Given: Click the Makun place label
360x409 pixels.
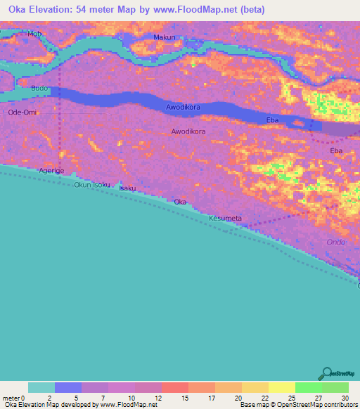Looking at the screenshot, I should (x=164, y=37).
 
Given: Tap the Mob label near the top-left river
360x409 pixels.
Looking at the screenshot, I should (x=34, y=34).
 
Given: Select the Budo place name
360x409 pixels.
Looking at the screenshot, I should (x=39, y=89).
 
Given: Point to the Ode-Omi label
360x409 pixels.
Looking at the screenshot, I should (x=22, y=112).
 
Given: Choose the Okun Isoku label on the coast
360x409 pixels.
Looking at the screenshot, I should (x=92, y=185).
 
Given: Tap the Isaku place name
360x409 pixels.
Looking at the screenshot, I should (x=127, y=188).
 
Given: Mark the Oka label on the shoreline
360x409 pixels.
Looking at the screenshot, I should (x=181, y=202).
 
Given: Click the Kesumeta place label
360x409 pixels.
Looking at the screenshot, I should (x=225, y=219).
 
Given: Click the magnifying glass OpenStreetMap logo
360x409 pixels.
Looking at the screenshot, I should (x=325, y=374).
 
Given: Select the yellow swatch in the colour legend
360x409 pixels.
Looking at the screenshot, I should (x=281, y=387).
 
